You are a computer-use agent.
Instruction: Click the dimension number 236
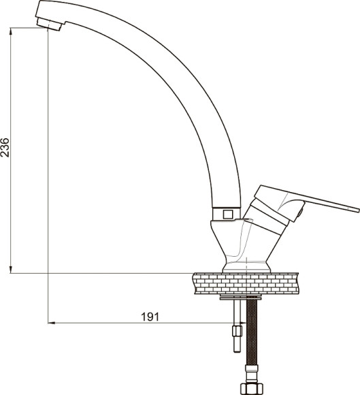tap(5, 148)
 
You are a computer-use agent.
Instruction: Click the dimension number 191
tap(150, 317)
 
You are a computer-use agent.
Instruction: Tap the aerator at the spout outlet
tap(49, 25)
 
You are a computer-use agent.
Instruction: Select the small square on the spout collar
tap(228, 215)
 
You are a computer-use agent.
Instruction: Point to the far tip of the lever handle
tap(359, 210)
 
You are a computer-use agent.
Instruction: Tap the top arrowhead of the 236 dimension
tap(10, 31)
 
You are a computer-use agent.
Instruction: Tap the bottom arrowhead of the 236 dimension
tap(10, 270)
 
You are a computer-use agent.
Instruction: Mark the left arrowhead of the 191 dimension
tap(51, 323)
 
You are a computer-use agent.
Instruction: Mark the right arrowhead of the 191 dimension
tap(243, 323)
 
